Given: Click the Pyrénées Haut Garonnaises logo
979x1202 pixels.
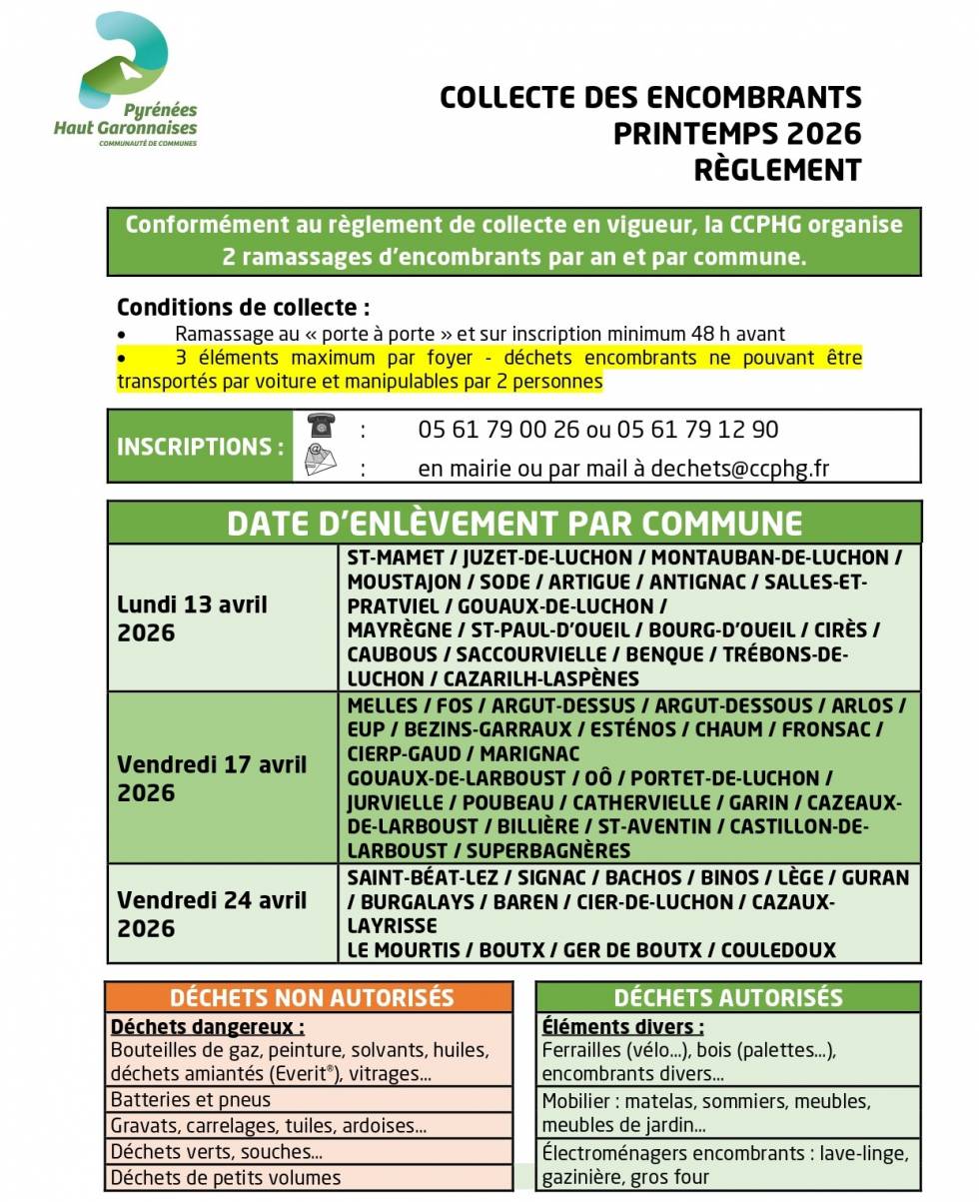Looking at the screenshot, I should pos(126,80).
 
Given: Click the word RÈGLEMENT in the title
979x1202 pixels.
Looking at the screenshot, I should pos(777,170).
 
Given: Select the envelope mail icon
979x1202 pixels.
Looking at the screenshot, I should pos(321,461).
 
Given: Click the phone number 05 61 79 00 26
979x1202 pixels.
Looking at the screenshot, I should pos(498,430).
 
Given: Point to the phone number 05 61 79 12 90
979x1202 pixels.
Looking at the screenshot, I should pos(697,430).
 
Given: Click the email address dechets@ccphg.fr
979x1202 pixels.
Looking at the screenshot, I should pos(740,469).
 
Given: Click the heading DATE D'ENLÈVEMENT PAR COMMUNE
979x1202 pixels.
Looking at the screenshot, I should pos(513,524).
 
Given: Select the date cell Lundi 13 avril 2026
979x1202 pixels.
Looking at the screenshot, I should pos(192,618).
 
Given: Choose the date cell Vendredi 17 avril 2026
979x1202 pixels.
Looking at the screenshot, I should pos(212,778).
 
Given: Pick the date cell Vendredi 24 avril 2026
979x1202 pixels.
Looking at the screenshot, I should pos(212,913).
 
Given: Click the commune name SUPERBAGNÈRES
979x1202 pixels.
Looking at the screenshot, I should pos(548,851).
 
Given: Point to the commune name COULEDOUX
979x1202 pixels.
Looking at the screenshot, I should pos(778,950).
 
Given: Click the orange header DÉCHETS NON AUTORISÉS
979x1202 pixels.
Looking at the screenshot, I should pos(312,997).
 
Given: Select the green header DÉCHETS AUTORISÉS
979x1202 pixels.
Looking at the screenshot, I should pos(727,997).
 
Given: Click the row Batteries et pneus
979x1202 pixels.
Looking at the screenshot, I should pos(191,1099).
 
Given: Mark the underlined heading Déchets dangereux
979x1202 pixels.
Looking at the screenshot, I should pos(207,1026).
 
